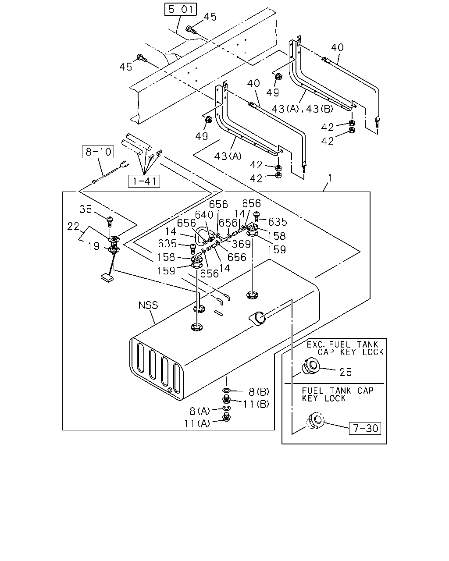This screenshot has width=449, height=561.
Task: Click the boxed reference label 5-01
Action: pos(180,9)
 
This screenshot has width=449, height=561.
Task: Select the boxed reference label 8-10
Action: pos(98,152)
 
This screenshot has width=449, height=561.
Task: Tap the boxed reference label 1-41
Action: pos(144,181)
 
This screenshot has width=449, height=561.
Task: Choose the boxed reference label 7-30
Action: pos(365,428)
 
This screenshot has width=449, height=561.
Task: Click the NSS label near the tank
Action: pos(148,305)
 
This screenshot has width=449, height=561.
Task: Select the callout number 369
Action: pos(241,244)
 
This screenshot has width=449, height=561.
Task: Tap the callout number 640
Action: pos(204,215)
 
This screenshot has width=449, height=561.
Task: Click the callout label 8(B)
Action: pos(259,391)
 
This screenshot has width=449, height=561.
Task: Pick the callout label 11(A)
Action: pos(197,424)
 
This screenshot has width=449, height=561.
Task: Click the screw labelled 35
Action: pos(110,221)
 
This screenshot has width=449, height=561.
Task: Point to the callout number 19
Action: pos(94,246)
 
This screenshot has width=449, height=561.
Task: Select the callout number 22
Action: pos(73,226)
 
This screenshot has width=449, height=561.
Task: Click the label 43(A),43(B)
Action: pos(303,109)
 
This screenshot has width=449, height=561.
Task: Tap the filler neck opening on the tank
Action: pos(258,319)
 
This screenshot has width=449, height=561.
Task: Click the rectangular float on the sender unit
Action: pos(107,277)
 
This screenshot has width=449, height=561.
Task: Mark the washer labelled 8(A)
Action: pos(226,408)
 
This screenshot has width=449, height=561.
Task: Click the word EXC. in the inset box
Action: pos(316,344)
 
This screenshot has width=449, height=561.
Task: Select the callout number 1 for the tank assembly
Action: pos(330,178)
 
